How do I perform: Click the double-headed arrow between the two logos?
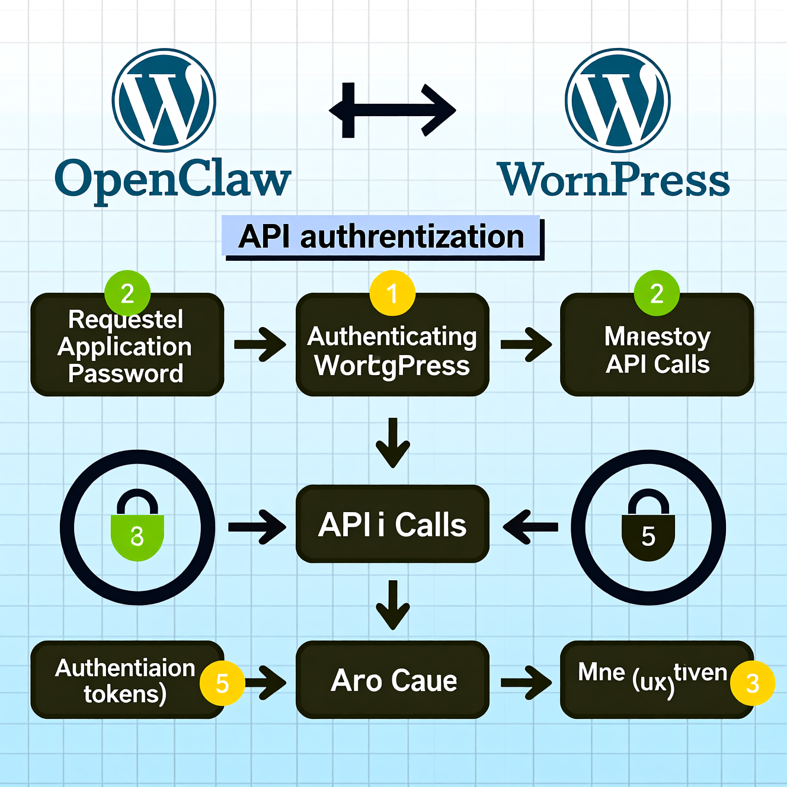392,110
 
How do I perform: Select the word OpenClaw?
172,179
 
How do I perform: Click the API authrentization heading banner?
382,237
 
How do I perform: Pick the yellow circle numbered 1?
392,293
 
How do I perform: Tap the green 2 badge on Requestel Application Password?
127,293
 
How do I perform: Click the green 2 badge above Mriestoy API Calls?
657,293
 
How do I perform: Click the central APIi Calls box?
392,524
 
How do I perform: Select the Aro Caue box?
392,680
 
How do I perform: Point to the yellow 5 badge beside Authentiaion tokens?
222,683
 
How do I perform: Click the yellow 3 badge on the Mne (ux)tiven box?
753,683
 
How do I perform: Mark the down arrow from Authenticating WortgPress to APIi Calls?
392,443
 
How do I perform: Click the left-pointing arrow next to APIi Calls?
530,526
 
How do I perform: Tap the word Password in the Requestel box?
126,374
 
